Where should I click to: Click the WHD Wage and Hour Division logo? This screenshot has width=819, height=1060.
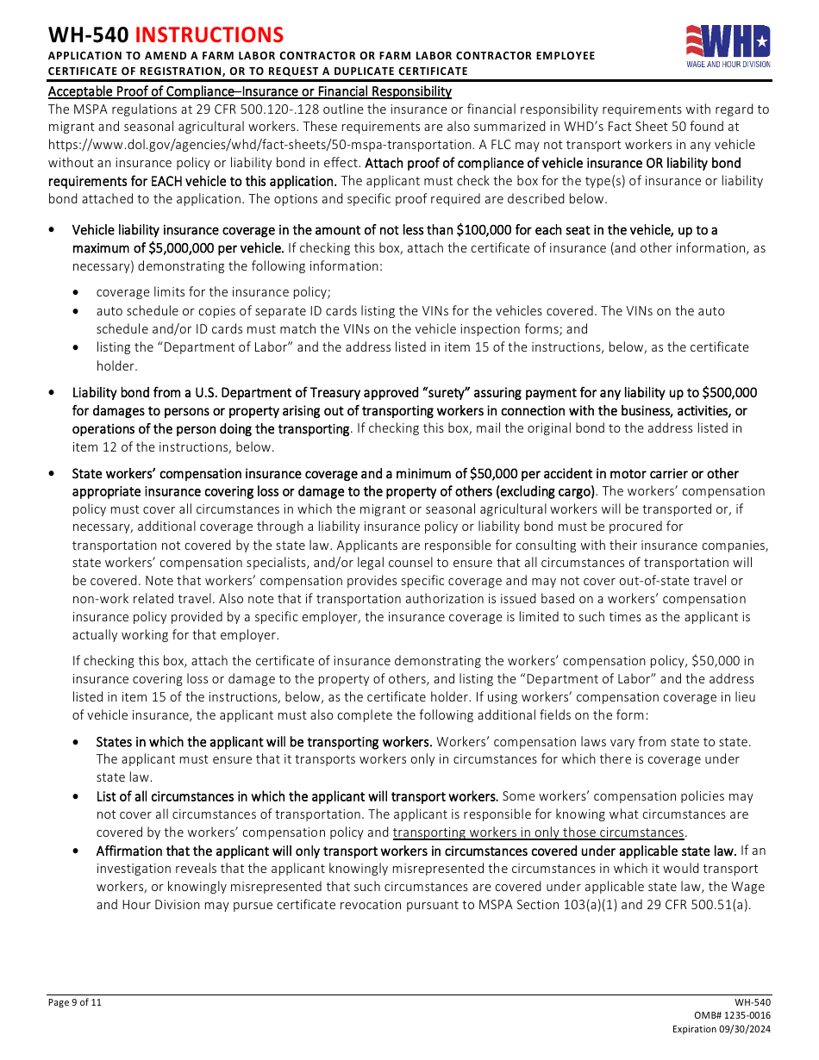coord(728,46)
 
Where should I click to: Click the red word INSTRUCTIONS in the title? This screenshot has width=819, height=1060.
coord(209,35)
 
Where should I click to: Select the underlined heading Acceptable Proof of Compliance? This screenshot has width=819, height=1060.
coord(249,91)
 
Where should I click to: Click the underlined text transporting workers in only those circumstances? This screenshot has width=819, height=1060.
coord(538,832)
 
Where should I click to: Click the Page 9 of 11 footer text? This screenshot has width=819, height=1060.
coord(75,1002)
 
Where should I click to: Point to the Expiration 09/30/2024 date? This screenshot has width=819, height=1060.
coord(722,1030)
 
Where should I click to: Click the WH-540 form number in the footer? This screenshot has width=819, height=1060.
coord(753,1002)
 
